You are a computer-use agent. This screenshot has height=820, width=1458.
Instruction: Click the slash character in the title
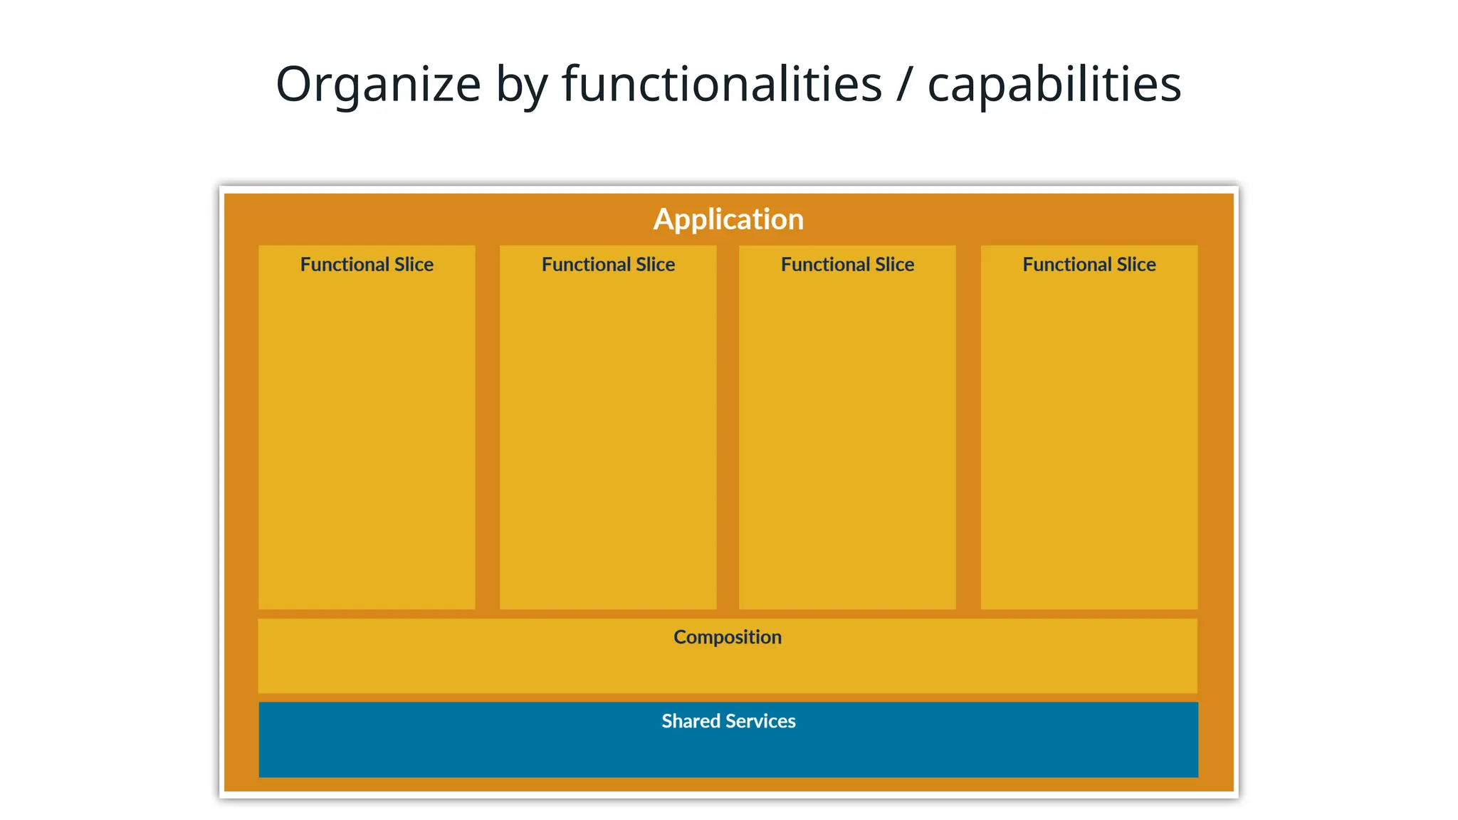[904, 84]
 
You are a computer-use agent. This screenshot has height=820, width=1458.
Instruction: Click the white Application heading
[728, 219]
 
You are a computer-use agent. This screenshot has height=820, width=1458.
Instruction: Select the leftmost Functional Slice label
[367, 265]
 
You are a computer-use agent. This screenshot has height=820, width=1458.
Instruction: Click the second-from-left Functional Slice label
[608, 265]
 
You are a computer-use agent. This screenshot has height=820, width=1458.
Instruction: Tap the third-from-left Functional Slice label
[847, 265]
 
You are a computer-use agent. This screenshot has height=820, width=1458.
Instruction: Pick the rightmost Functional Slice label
[1089, 265]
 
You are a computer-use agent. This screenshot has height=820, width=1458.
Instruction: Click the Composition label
[727, 637]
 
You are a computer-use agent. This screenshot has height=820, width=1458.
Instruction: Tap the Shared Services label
[728, 721]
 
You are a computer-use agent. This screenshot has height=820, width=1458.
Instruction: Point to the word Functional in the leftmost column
[345, 265]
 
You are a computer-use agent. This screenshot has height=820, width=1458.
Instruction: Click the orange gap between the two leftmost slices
[487, 427]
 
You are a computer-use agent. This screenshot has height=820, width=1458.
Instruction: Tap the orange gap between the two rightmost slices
[968, 427]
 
